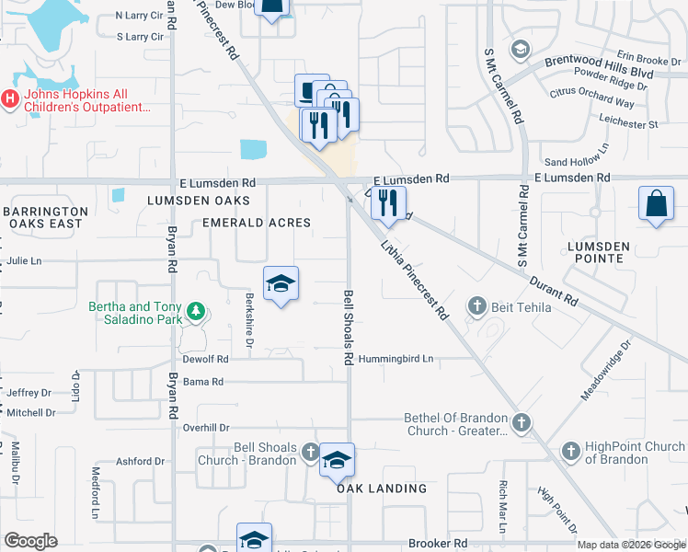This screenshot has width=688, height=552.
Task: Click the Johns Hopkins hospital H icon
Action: tap(10, 98)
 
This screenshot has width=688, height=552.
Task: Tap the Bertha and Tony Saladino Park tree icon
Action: tap(195, 311)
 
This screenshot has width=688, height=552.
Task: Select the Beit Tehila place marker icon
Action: tap(476, 305)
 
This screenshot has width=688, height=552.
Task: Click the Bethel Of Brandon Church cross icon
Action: tap(522, 422)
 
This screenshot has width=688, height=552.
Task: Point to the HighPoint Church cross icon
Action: tap(570, 451)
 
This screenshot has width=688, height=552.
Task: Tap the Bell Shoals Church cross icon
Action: tap(311, 452)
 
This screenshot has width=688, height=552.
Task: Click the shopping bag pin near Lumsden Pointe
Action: tap(657, 203)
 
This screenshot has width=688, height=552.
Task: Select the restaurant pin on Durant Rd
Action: tap(388, 201)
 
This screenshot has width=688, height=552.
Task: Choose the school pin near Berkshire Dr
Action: tap(281, 284)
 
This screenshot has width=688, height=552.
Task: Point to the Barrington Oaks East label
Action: tap(46, 217)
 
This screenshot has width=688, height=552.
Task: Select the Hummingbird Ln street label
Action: tap(396, 359)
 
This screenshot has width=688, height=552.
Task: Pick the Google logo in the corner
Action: tap(30, 541)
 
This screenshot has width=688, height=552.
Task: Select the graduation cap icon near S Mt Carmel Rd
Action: tap(521, 49)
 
